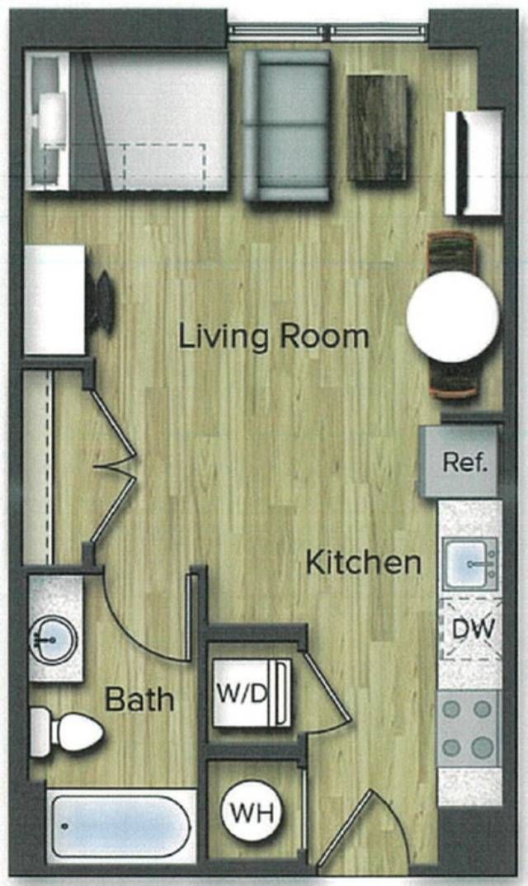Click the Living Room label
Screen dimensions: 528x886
coord(274,337)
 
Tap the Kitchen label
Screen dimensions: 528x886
coord(364,563)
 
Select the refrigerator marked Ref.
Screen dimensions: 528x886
coord(460,462)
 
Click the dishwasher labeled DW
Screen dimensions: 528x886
coord(471,629)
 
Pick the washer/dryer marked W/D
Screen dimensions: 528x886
coord(252,693)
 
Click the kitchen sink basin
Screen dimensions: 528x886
coord(469,564)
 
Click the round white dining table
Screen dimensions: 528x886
coord(452,317)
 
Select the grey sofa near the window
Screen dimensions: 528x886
coord(286,125)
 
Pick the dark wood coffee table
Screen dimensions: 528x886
coord(378,128)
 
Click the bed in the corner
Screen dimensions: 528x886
coord(126,120)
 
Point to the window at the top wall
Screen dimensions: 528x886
coord(328,33)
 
